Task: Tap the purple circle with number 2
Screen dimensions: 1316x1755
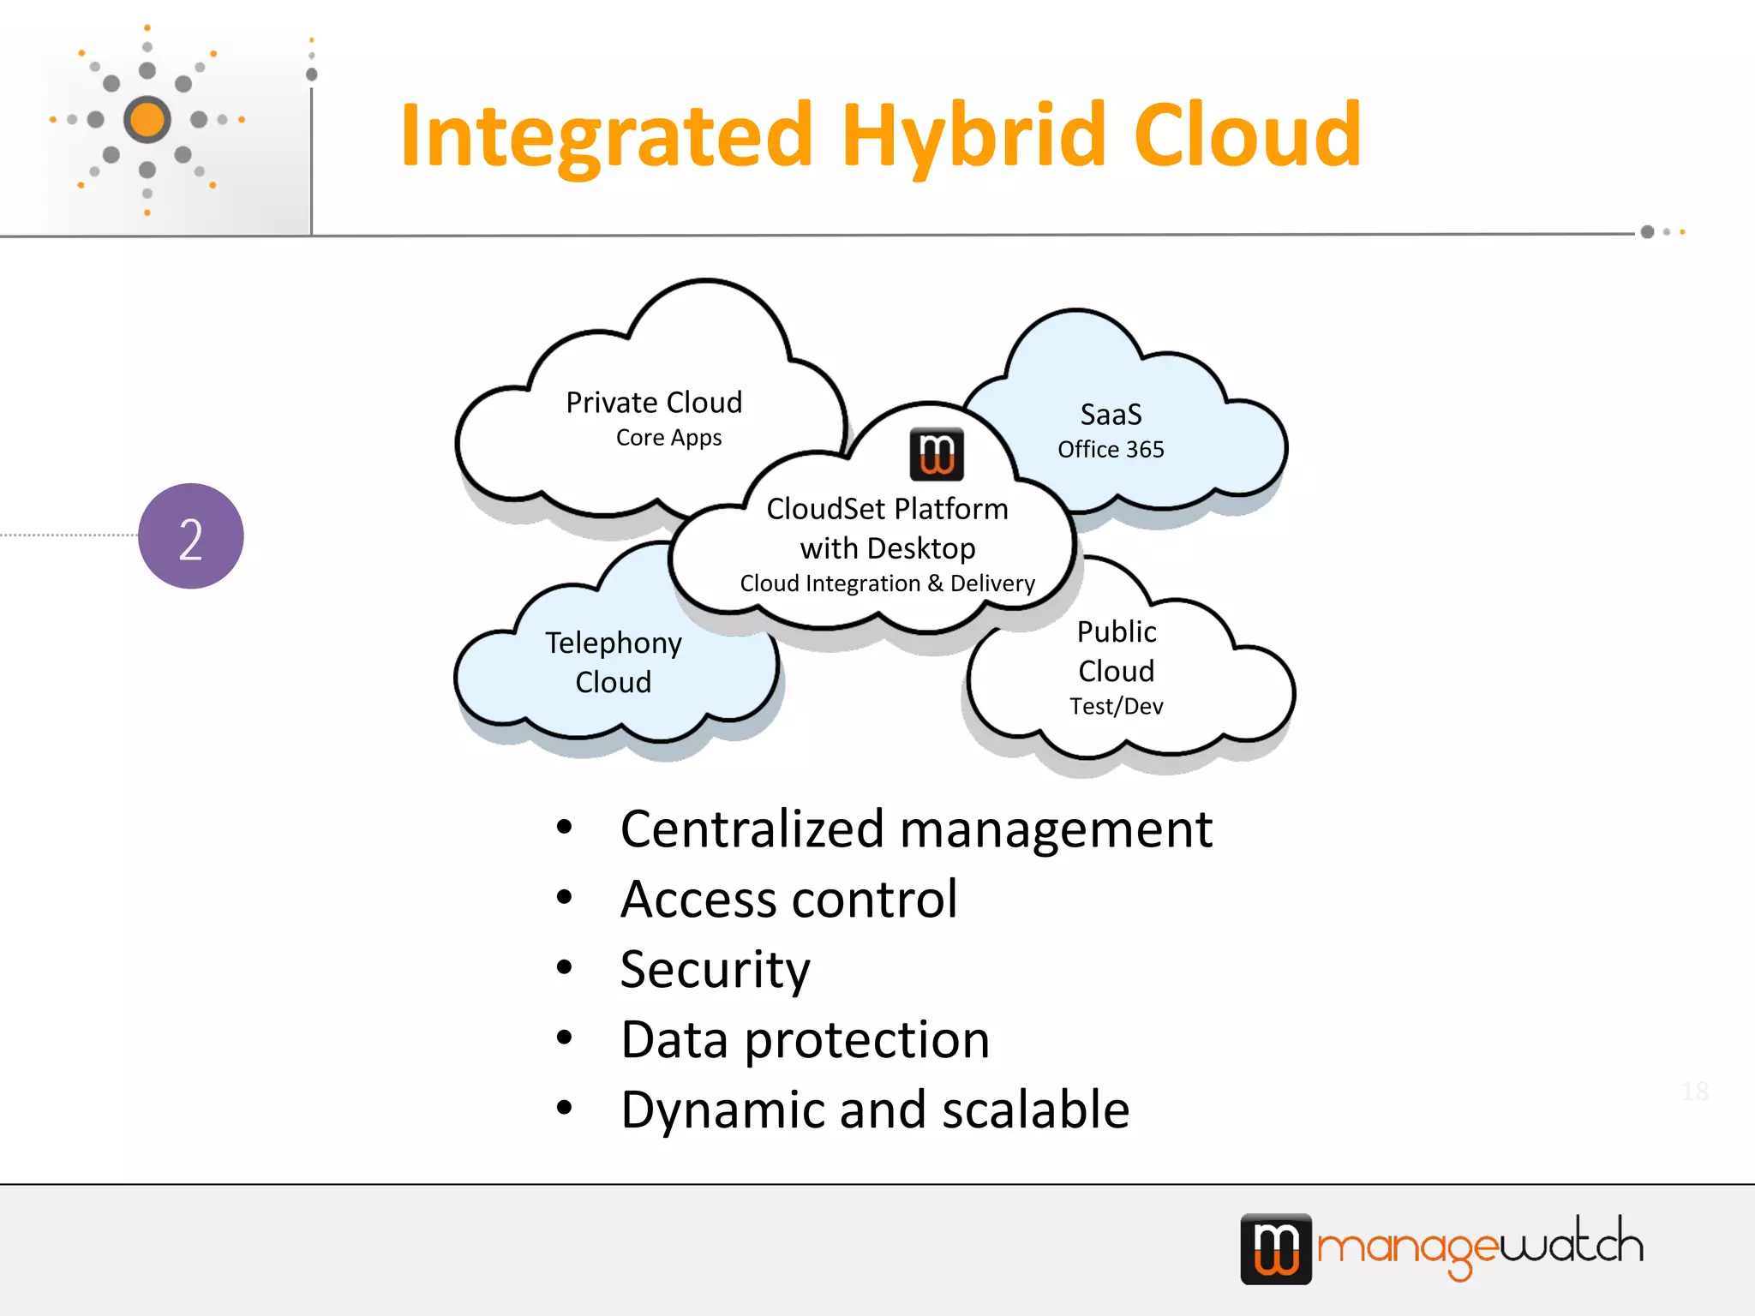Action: tap(190, 536)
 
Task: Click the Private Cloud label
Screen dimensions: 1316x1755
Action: tap(654, 403)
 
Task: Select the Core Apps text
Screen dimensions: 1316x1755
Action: tap(668, 438)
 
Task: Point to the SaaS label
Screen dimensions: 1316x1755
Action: tap(1111, 415)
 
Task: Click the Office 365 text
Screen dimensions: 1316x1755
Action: tap(1111, 450)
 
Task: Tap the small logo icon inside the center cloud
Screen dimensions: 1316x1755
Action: tap(936, 454)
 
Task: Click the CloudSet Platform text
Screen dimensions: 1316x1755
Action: tap(887, 509)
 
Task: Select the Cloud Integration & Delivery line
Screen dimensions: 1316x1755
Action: tap(887, 583)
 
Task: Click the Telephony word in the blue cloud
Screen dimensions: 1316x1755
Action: tap(614, 643)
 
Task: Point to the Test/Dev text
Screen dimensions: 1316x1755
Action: tap(1116, 707)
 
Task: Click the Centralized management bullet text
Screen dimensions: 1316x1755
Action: tap(916, 829)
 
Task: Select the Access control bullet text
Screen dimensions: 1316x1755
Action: tap(788, 900)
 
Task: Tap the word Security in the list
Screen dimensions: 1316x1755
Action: tap(715, 970)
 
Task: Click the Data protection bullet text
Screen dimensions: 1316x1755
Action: tap(805, 1040)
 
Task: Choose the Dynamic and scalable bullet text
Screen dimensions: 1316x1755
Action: tap(875, 1110)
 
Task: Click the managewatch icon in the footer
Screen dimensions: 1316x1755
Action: tap(1276, 1248)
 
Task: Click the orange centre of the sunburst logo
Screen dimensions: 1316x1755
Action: tap(147, 119)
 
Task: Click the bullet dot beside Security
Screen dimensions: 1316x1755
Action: tap(564, 967)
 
